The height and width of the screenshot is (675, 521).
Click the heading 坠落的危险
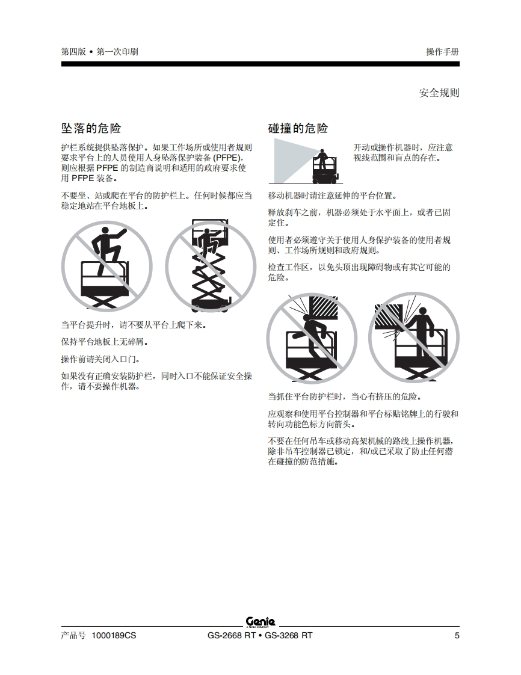[91, 128]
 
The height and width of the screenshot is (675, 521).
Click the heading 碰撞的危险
[298, 128]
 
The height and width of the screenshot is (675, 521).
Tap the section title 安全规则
[439, 93]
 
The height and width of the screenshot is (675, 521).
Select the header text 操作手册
[443, 52]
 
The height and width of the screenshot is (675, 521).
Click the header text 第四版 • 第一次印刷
[99, 52]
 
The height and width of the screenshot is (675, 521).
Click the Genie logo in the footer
[260, 621]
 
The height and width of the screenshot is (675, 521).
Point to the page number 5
[457, 635]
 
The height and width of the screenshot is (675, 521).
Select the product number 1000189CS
[114, 635]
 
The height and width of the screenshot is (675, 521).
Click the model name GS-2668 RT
[232, 635]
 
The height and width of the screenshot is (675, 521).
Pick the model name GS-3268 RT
[289, 635]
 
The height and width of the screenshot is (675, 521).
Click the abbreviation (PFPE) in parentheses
[226, 158]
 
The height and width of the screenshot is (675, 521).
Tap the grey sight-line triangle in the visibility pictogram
[293, 160]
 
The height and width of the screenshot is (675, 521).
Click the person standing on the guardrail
[108, 250]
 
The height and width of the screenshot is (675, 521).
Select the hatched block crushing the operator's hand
[388, 316]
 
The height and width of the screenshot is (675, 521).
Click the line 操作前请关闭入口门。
[100, 359]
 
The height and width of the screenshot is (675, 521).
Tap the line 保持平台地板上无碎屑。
[105, 342]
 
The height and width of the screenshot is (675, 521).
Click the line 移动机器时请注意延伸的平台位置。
[333, 196]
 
